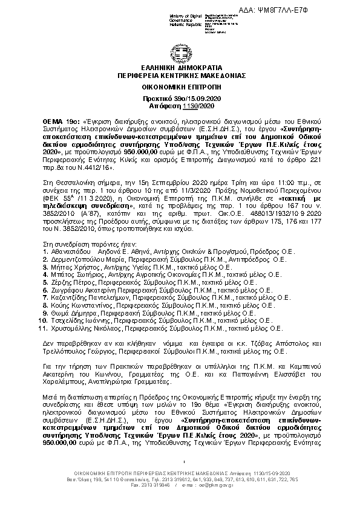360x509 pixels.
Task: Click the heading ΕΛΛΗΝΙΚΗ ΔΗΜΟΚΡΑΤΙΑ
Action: coord(179,68)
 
